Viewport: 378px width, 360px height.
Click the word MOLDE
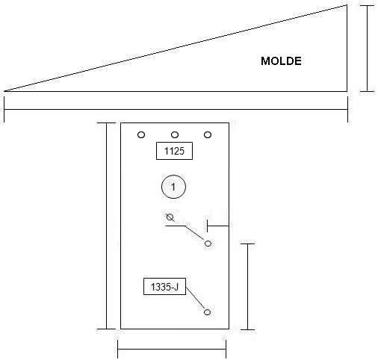(281, 61)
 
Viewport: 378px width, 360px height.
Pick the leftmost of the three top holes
(141, 135)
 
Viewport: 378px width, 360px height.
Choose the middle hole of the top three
(175, 135)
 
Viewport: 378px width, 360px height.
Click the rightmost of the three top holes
(208, 135)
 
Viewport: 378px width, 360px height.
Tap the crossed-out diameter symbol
(170, 217)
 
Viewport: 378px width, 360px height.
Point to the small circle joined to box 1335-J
(207, 312)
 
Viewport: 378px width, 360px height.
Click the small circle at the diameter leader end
(208, 243)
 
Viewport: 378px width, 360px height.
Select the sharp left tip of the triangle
(4, 91)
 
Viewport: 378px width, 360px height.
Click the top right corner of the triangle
(347, 5)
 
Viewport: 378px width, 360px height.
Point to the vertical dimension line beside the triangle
(368, 49)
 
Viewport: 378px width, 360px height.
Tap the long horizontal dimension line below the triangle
(176, 109)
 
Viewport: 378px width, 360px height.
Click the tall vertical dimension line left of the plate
(107, 226)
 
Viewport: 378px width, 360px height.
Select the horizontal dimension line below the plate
(172, 350)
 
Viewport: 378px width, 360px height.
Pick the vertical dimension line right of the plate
(247, 287)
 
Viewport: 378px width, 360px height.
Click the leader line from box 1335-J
(196, 299)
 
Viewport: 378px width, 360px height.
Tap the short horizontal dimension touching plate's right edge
(218, 226)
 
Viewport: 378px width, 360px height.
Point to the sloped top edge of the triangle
(176, 48)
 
